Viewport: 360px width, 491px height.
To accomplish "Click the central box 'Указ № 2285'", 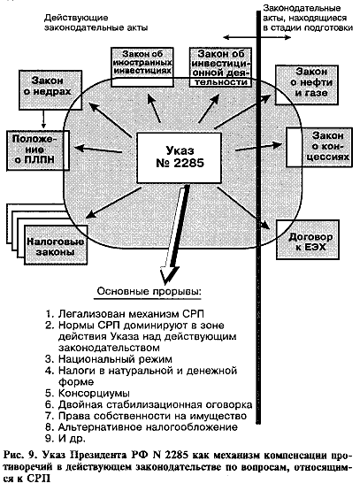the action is pos(180,157).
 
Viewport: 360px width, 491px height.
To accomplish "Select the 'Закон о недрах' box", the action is pos(50,90).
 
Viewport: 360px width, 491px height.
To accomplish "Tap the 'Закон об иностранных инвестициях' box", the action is pos(142,66).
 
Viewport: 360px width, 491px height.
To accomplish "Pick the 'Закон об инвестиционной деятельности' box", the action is pos(221,67).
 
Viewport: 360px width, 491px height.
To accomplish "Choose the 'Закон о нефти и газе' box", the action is pos(307,85).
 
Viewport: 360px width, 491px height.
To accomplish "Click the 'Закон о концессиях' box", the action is pos(319,147).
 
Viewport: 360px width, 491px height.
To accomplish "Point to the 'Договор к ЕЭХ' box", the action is pos(308,240).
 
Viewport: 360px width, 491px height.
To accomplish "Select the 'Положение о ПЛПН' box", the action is pos(38,150).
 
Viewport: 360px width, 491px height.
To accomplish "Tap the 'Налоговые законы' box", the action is pos(56,245).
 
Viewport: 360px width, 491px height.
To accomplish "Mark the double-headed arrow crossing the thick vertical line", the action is pos(257,37).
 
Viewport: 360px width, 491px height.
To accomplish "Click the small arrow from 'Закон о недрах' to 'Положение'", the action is pos(43,119).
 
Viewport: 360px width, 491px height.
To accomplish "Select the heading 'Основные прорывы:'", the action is pos(149,291).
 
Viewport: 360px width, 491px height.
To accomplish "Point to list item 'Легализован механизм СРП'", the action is pos(125,314).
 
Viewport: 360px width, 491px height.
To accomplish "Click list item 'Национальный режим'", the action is pos(109,359).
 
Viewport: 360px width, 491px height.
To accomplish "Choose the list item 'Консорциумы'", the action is pos(88,393).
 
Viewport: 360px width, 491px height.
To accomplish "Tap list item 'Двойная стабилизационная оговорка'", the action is pos(149,404).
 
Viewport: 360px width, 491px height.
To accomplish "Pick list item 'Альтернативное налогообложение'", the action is pos(142,427).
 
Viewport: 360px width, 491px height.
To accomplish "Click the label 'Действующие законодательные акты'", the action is pos(96,23).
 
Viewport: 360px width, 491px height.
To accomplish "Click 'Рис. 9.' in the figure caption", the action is pos(20,455).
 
